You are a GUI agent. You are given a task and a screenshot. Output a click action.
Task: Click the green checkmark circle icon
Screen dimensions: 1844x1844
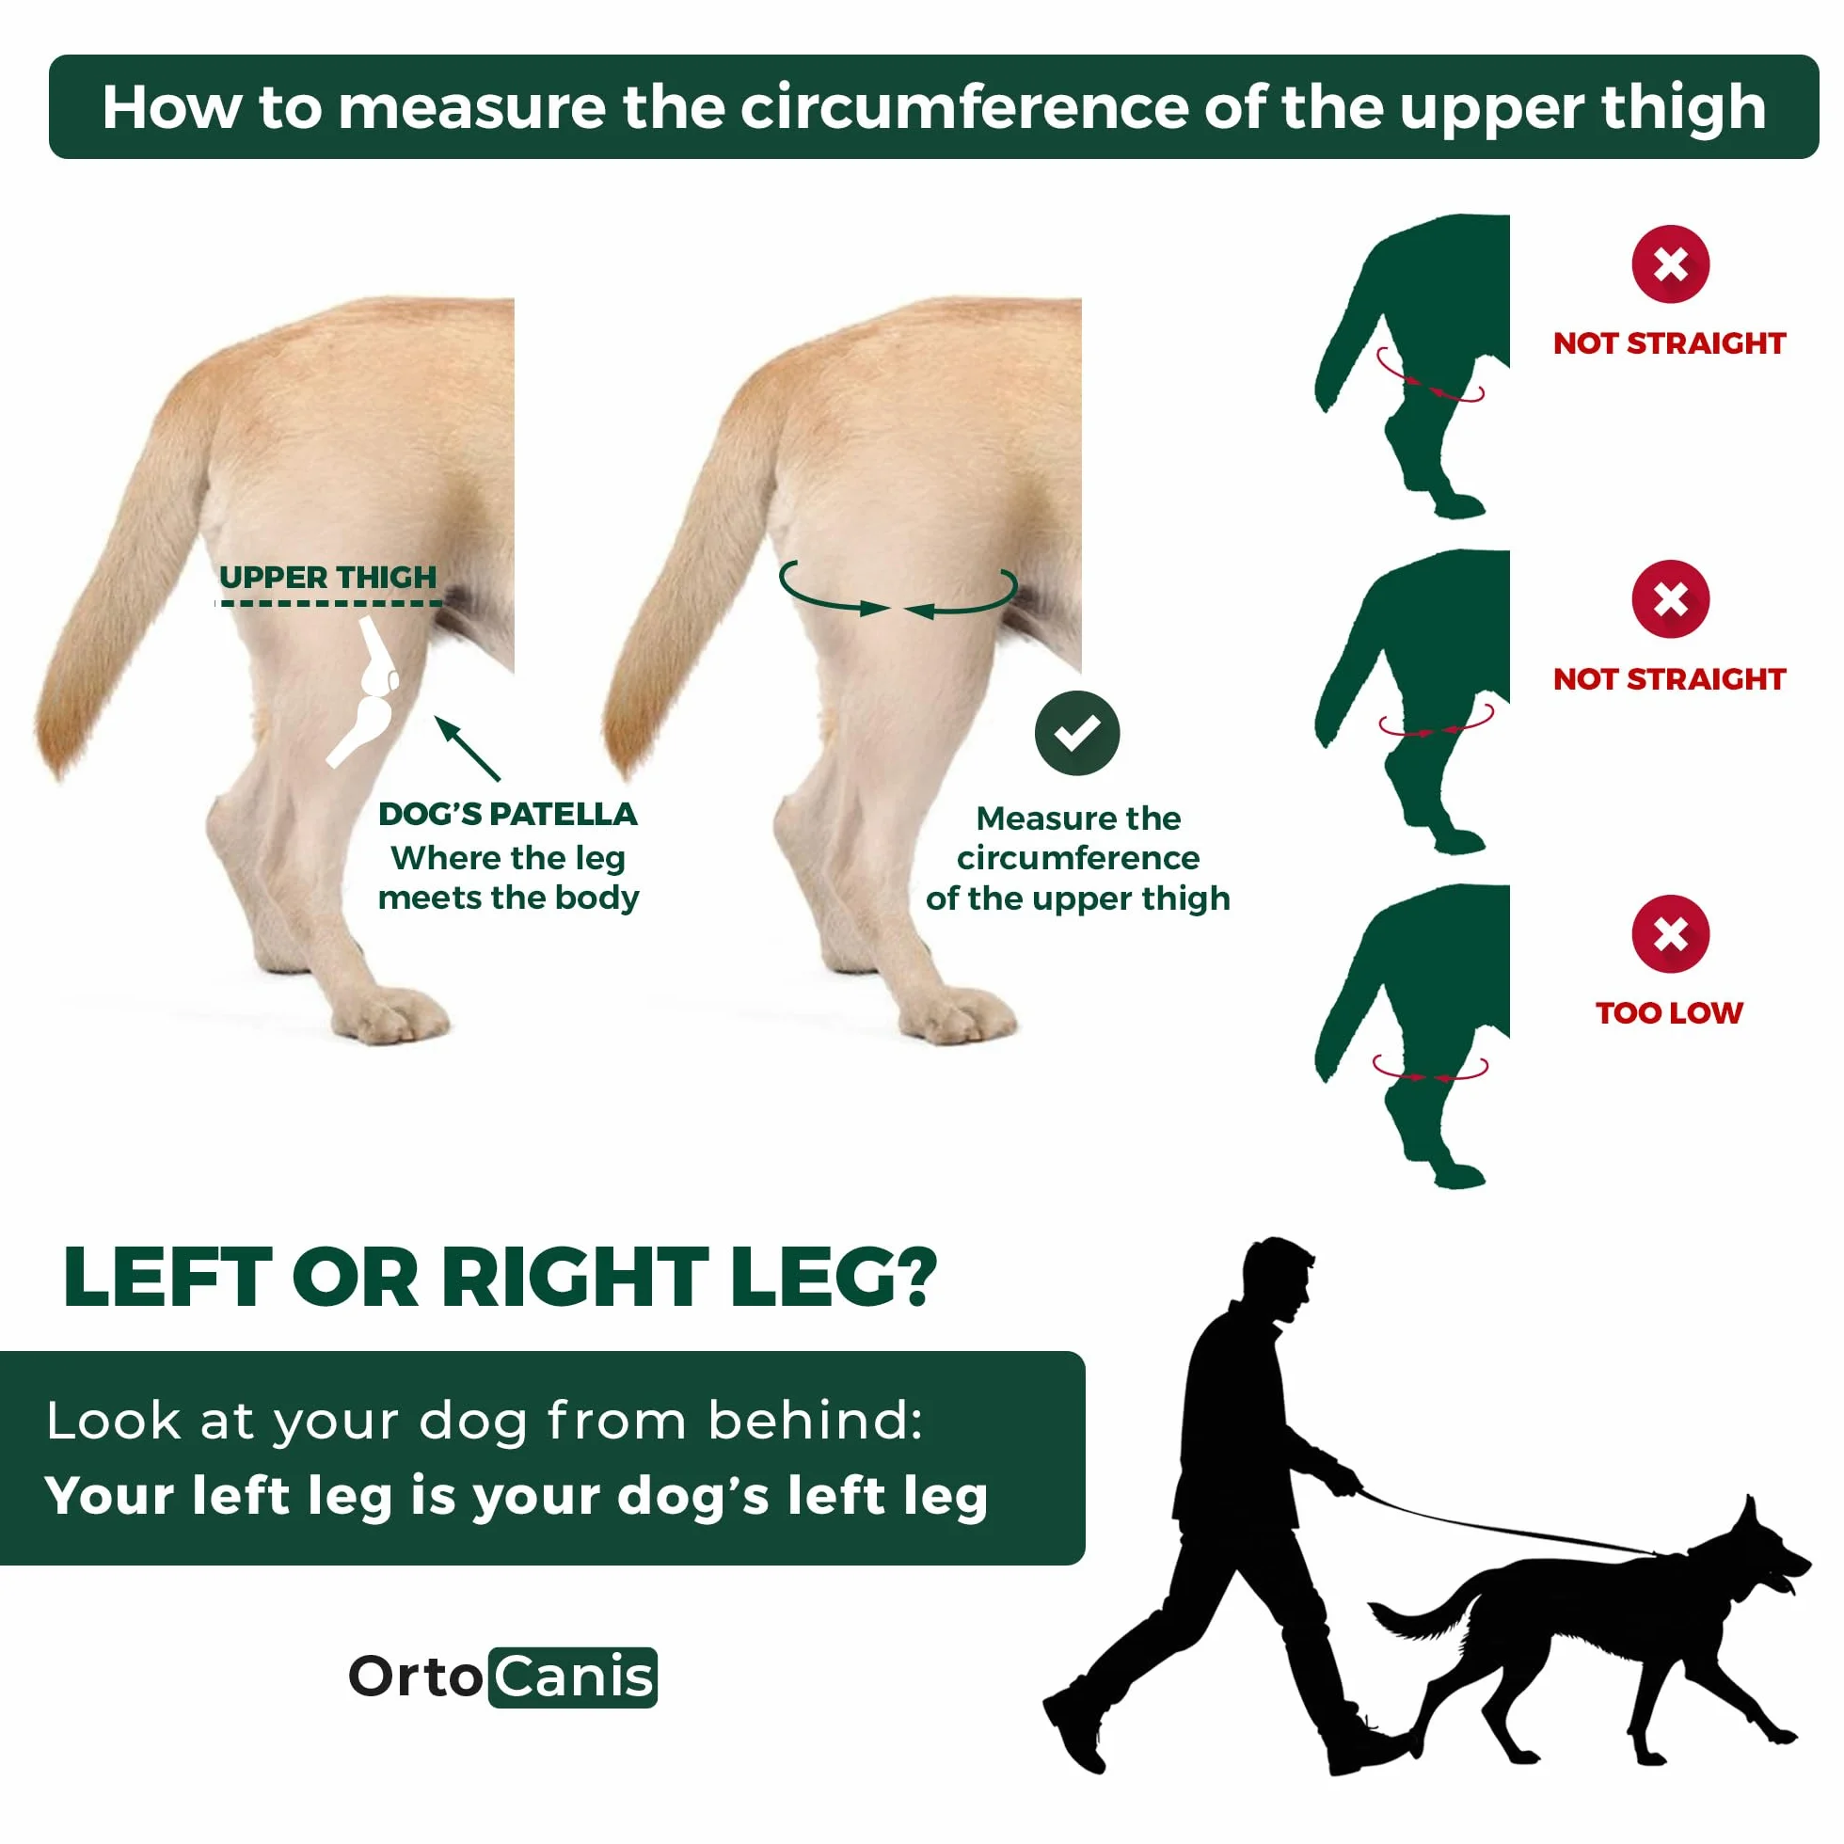tap(1076, 732)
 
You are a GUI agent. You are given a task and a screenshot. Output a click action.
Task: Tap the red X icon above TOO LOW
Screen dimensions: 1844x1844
tap(1670, 933)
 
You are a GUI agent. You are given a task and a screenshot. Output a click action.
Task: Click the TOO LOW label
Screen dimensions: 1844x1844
tap(1669, 1012)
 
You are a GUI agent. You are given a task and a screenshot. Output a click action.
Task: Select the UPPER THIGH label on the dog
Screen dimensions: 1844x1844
tap(327, 577)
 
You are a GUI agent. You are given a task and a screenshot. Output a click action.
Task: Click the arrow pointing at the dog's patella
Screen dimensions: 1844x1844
tap(468, 748)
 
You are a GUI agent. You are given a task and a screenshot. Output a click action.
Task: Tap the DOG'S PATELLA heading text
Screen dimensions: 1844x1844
tap(508, 814)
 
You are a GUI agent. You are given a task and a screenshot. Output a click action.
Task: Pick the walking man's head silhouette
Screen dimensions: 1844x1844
tap(1277, 1276)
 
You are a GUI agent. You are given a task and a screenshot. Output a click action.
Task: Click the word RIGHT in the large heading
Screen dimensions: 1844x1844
tap(574, 1278)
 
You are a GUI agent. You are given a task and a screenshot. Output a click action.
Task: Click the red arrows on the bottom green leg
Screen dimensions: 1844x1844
tap(1430, 1068)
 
